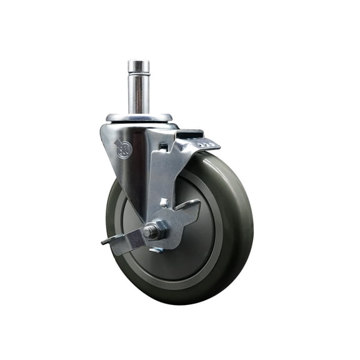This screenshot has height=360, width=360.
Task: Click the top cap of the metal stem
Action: pos(139,64)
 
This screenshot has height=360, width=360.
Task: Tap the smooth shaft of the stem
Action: pos(139,94)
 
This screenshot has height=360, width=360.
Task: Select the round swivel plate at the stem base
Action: pos(139,117)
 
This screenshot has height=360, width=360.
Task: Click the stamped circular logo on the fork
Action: pos(124,149)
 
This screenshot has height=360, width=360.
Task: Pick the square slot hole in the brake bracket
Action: pos(163,147)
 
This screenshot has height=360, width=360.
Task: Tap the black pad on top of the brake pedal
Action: pos(191,134)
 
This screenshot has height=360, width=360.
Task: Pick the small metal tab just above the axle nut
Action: pos(163,202)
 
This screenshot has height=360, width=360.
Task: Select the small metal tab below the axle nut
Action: pos(156,249)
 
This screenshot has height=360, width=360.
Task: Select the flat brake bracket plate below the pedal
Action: pos(164,175)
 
